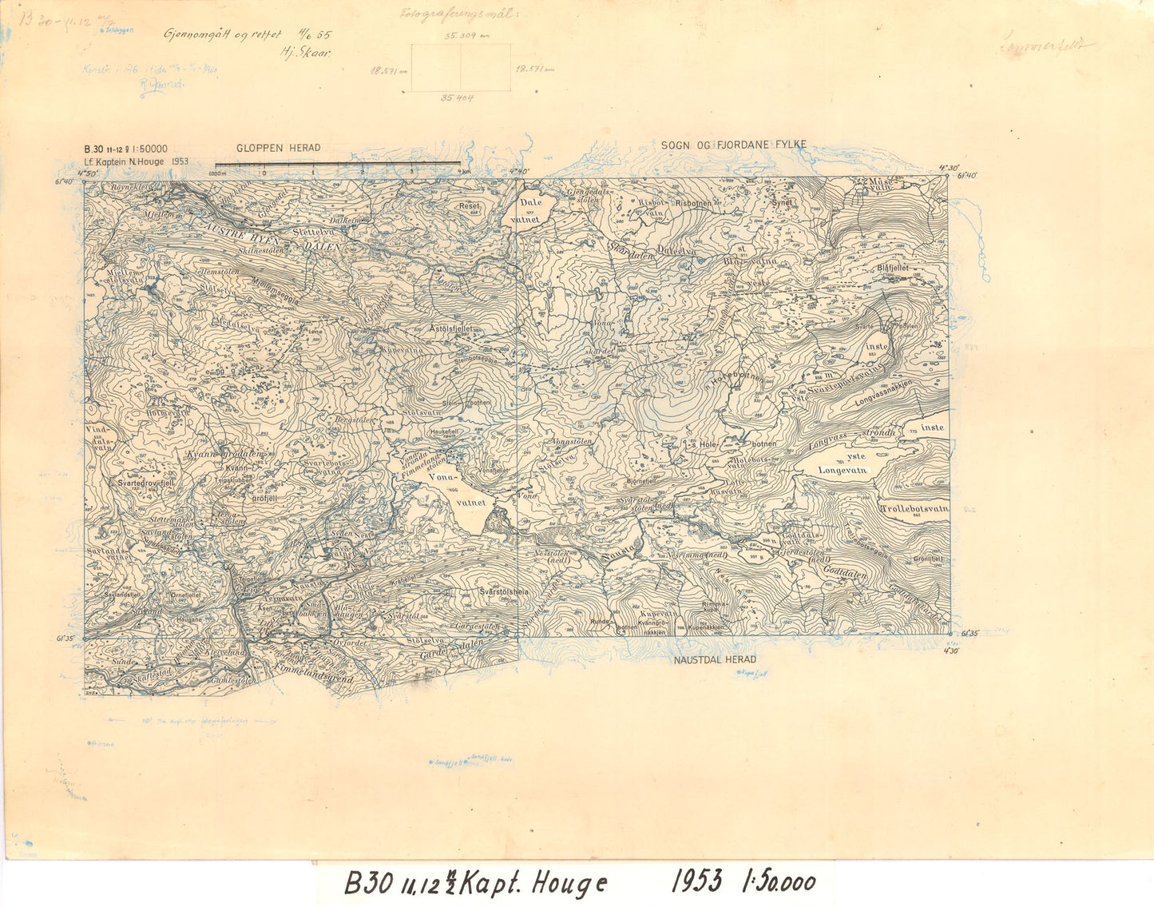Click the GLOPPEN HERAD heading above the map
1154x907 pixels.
(x=278, y=148)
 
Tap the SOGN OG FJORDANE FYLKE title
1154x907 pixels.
(x=733, y=145)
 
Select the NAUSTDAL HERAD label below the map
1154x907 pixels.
(x=715, y=660)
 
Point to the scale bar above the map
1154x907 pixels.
(x=337, y=164)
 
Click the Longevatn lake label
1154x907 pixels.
(x=842, y=471)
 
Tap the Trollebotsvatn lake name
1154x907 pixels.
(x=914, y=508)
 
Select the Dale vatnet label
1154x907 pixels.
(x=530, y=210)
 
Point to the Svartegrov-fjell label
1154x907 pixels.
(x=145, y=483)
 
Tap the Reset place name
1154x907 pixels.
(x=468, y=205)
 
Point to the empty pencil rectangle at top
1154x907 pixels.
(x=460, y=68)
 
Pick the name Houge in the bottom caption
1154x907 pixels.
(x=568, y=884)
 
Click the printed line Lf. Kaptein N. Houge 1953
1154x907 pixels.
(x=136, y=161)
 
